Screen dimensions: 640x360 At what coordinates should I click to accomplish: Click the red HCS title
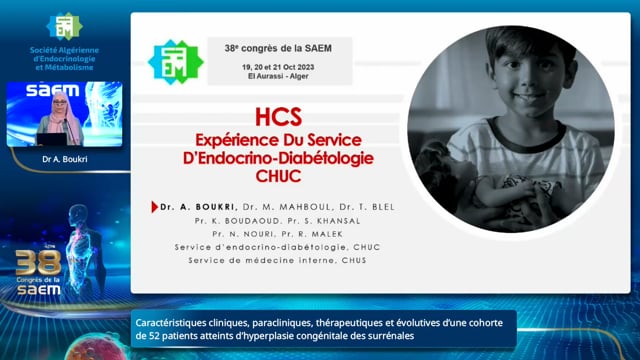(278, 117)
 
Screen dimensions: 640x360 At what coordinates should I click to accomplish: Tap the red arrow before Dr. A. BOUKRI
(154, 207)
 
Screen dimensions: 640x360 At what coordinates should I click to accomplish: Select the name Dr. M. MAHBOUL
(287, 207)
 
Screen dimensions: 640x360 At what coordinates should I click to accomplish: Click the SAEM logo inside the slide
(176, 62)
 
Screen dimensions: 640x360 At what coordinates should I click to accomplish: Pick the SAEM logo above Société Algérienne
(64, 26)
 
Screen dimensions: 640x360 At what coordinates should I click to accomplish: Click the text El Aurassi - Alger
(278, 76)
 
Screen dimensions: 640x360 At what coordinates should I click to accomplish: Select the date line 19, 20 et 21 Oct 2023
(278, 67)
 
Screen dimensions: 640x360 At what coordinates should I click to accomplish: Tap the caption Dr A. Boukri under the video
(64, 159)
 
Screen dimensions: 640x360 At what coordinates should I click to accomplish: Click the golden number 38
(38, 262)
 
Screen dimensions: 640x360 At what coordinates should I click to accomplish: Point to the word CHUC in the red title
(278, 176)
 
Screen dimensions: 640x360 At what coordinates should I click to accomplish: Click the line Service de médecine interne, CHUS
(277, 260)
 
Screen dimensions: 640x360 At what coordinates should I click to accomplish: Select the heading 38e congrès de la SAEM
(278, 48)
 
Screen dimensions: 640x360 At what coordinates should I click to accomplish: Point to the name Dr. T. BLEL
(367, 207)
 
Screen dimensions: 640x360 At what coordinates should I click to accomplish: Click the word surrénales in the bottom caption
(393, 336)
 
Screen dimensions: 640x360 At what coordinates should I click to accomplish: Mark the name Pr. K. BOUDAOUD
(238, 221)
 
